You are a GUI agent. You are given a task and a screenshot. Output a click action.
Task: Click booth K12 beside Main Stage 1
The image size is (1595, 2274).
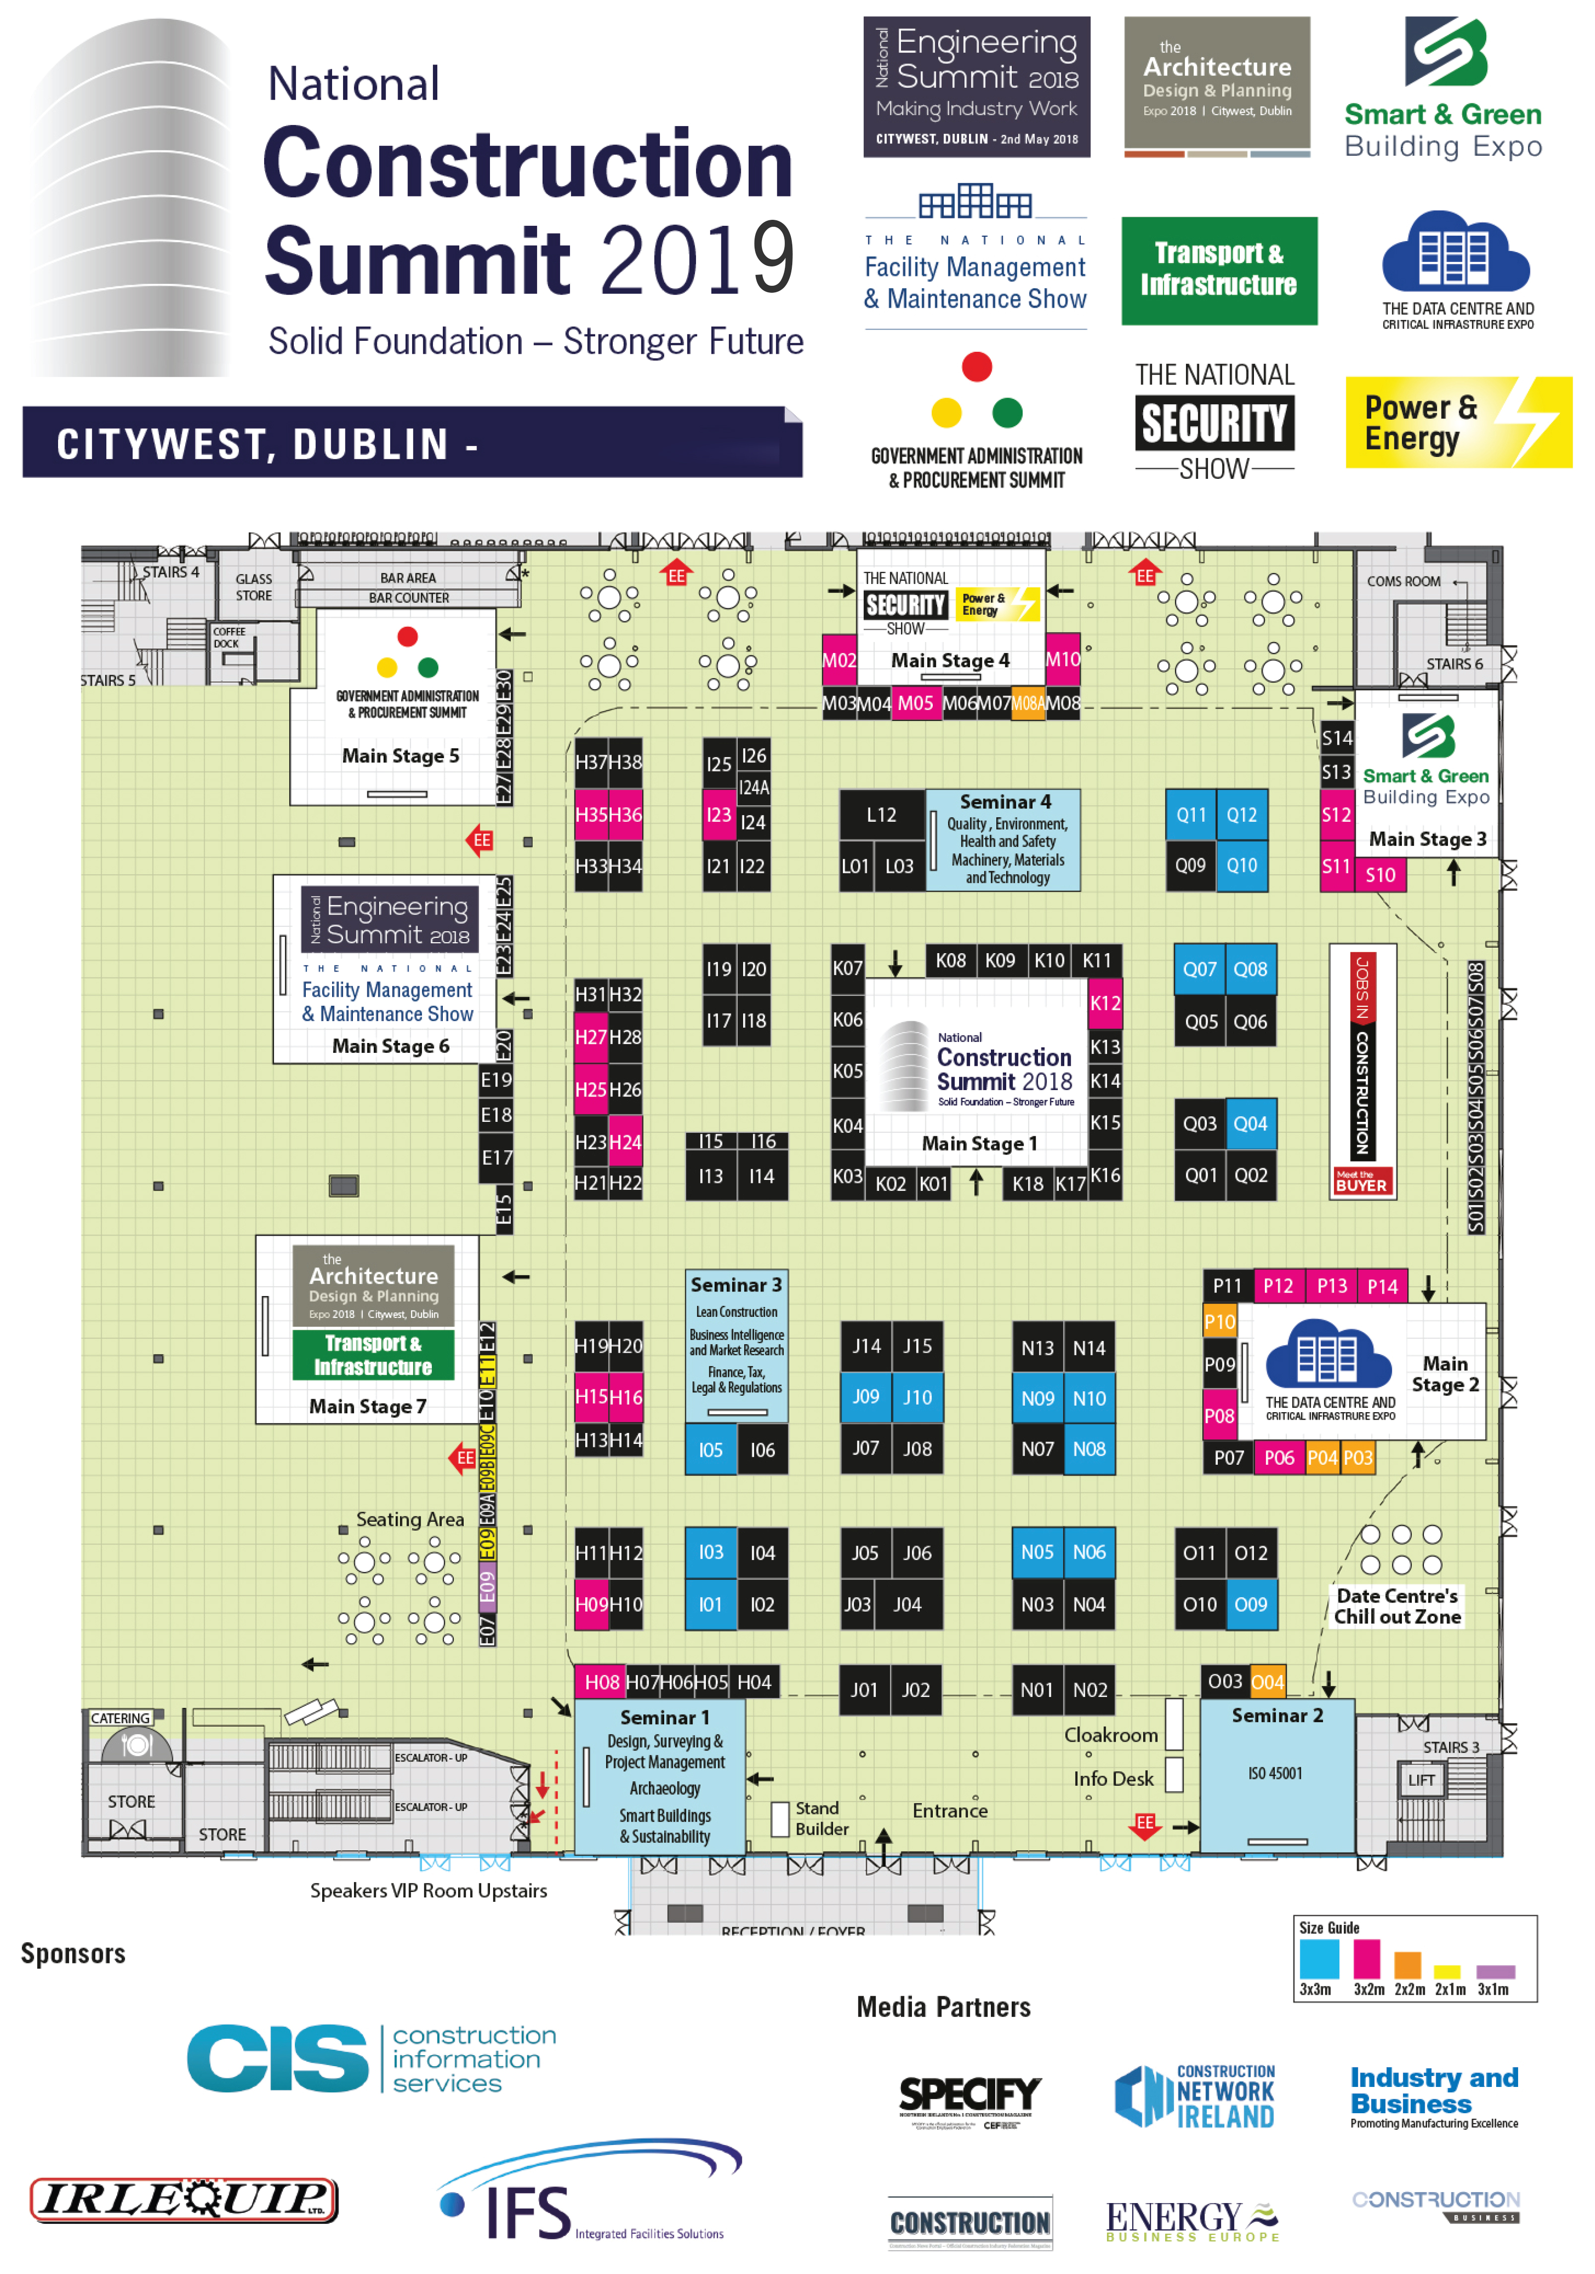coord(1105,1002)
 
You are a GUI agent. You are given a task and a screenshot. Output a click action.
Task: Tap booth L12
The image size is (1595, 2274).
coord(881,814)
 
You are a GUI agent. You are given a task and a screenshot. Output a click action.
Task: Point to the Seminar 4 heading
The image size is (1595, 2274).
coord(1005,801)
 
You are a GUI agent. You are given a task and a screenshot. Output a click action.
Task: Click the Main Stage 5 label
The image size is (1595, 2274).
coord(400,756)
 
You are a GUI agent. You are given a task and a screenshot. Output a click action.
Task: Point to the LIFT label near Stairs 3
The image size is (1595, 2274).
coord(1421,1780)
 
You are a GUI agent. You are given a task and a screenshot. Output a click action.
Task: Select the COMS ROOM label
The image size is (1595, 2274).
coord(1403,582)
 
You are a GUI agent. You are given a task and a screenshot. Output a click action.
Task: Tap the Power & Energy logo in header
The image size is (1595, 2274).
coord(1457,422)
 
